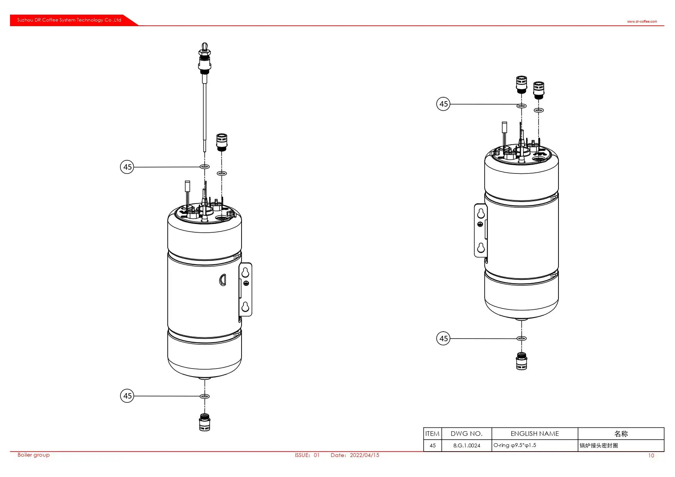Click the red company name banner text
click(x=69, y=20)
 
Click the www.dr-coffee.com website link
click(x=642, y=22)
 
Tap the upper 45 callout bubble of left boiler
click(x=127, y=167)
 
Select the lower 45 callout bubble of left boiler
click(x=127, y=396)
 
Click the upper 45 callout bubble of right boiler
click(x=443, y=104)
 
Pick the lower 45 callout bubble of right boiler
click(x=443, y=339)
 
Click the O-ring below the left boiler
click(x=205, y=396)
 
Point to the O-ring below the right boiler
click(x=522, y=339)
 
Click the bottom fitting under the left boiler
click(x=205, y=422)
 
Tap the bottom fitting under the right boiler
click(x=522, y=361)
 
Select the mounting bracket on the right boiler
click(x=481, y=230)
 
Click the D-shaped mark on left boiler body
click(x=222, y=280)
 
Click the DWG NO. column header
click(x=467, y=434)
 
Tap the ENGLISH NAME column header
click(x=535, y=434)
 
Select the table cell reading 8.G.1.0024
click(x=467, y=445)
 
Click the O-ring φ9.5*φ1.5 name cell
click(x=515, y=445)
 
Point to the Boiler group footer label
click(x=33, y=455)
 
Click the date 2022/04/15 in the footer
click(x=364, y=455)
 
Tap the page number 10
click(x=651, y=455)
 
